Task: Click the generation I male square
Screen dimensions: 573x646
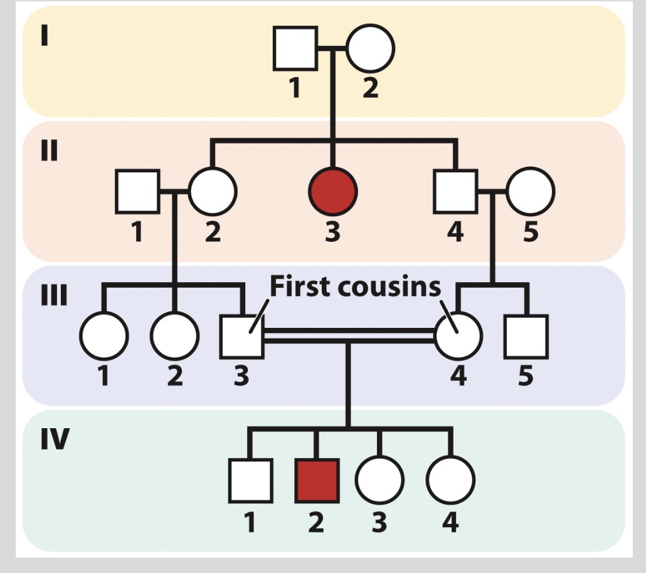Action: pos(295,48)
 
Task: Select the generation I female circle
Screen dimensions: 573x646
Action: pos(370,48)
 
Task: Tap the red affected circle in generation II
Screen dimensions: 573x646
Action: pos(332,191)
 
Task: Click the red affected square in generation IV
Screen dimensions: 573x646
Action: pos(317,481)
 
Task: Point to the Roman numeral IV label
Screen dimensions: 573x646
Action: pos(55,441)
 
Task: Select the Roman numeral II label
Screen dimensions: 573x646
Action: pos(50,152)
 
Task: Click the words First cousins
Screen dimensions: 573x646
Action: pos(355,286)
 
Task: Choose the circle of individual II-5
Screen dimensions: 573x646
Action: pos(531,191)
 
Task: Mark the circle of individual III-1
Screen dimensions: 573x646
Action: pos(104,337)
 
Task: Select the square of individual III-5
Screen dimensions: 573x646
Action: pos(526,337)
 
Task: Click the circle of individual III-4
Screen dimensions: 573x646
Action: pos(458,337)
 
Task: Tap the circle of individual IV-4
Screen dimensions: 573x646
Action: pos(450,481)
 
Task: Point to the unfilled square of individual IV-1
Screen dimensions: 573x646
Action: pos(250,481)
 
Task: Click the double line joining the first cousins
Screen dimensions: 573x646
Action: pos(349,335)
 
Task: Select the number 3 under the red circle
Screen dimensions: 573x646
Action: pos(332,231)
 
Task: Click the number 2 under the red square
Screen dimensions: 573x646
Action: pos(316,521)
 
